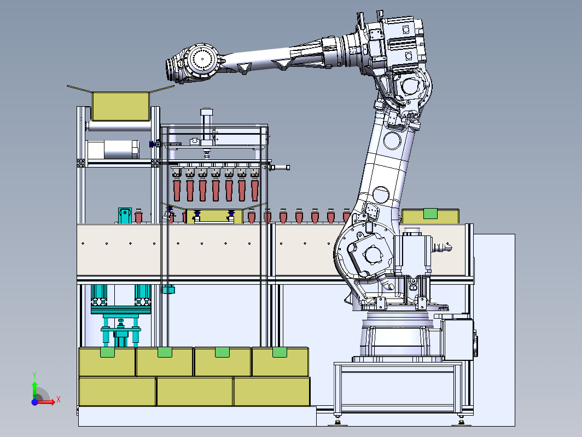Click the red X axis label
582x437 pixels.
(59, 400)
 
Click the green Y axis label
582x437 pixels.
(34, 375)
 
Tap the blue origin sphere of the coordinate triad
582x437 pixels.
(34, 402)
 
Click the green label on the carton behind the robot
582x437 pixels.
(430, 214)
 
